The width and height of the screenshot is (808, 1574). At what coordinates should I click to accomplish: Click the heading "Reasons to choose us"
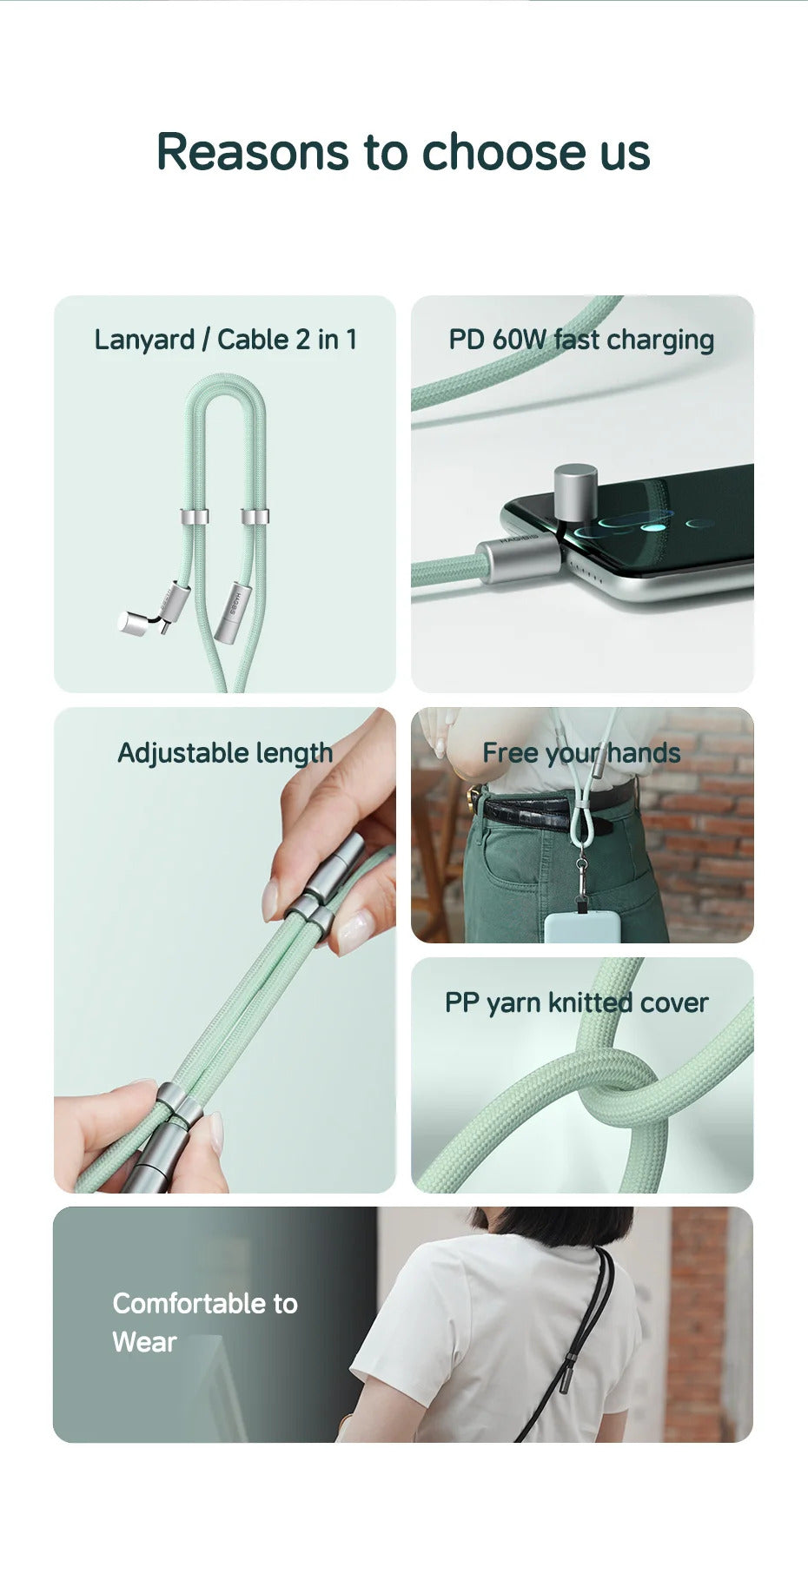click(x=403, y=152)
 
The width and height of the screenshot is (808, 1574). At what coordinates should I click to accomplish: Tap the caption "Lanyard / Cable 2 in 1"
click(x=226, y=340)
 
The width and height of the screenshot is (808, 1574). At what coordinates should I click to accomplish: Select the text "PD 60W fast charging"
click(x=581, y=340)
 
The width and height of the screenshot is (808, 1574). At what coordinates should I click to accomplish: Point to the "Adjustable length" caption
click(x=225, y=753)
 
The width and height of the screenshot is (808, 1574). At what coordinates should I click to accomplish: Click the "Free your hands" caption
click(x=581, y=753)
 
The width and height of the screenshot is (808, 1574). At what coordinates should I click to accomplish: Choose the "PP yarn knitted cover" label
click(x=576, y=1003)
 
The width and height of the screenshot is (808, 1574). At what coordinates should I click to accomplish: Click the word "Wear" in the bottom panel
click(x=144, y=1343)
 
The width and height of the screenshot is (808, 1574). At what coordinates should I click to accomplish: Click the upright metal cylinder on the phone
click(x=575, y=493)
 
